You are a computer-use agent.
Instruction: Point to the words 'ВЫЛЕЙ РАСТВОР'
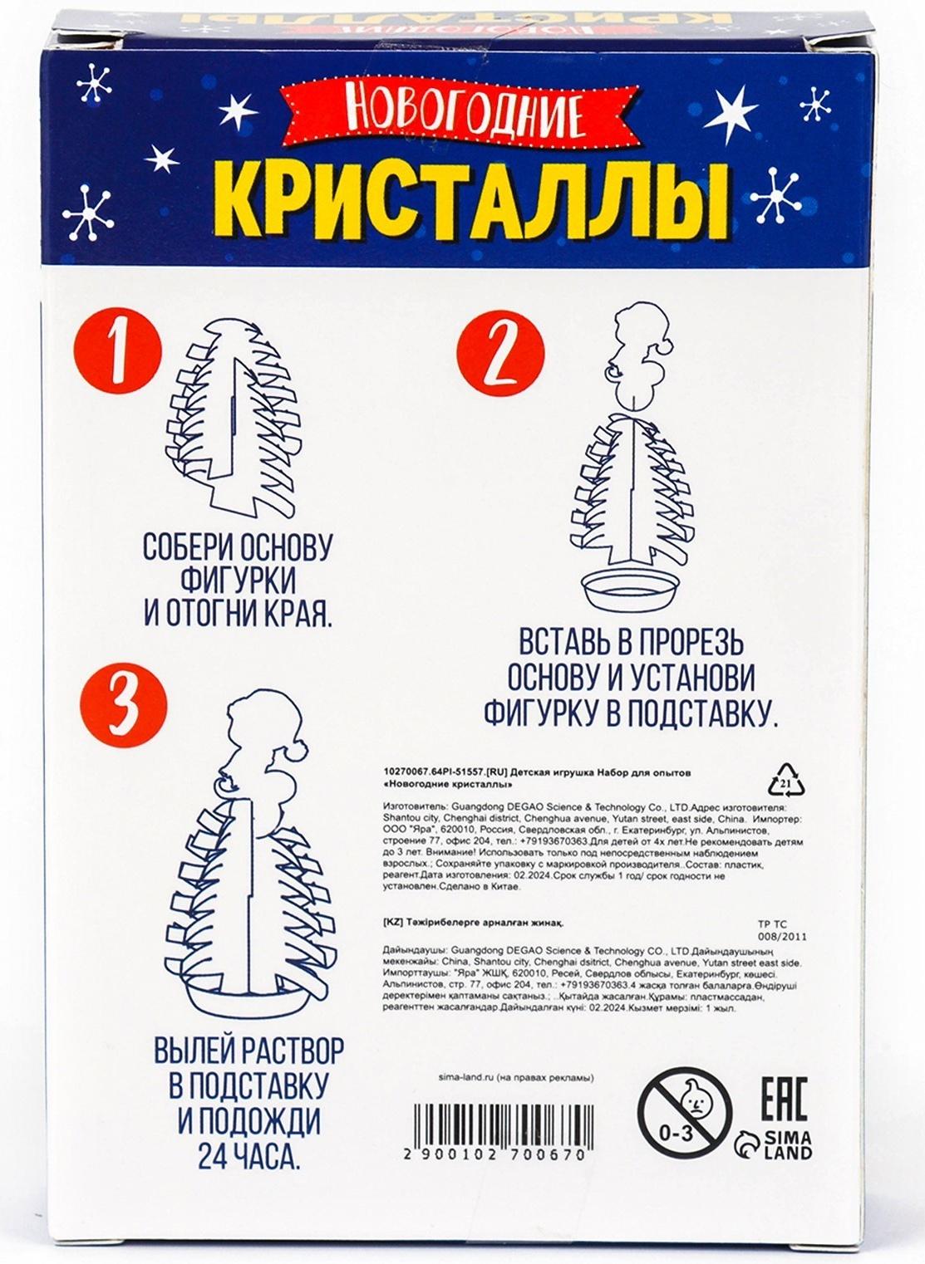[x=248, y=1051]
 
